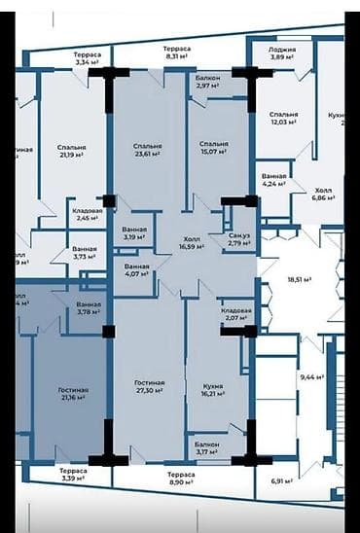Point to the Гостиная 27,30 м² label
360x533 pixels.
click(x=149, y=387)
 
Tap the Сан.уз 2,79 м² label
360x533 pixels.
click(x=238, y=241)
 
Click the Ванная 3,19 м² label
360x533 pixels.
click(x=135, y=232)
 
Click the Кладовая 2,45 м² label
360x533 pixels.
click(x=88, y=214)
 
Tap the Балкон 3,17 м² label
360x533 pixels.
click(x=205, y=448)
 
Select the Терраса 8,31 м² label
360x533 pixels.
click(x=176, y=53)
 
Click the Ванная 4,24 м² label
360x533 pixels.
click(x=275, y=179)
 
